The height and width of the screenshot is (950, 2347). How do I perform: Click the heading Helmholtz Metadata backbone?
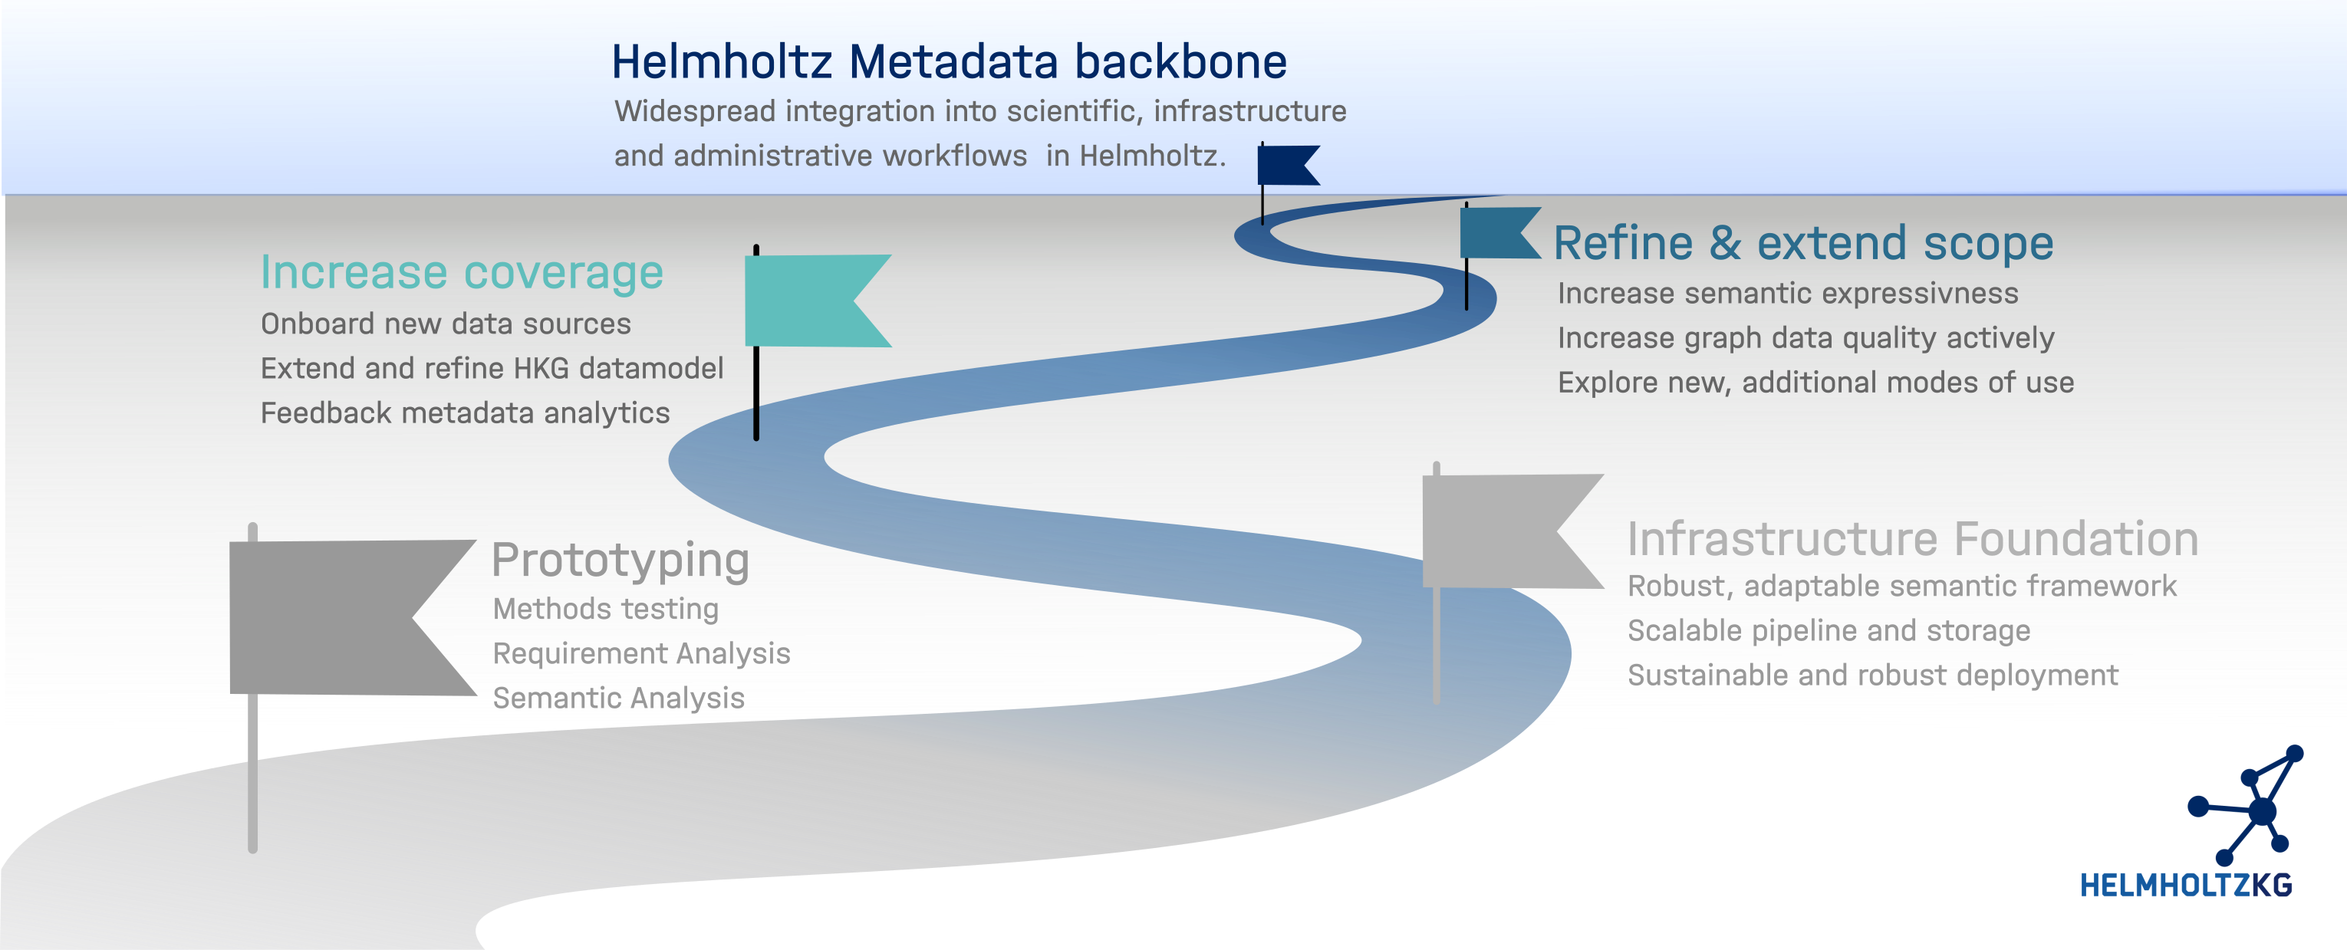coord(949,62)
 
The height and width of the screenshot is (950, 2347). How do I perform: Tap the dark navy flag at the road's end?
coord(1285,166)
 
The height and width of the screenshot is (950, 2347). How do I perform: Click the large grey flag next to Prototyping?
coord(337,617)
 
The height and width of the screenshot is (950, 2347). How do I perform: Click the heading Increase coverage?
coord(462,272)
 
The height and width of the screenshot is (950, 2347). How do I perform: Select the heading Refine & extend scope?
coord(1803,243)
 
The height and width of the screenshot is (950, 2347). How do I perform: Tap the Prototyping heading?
coord(620,560)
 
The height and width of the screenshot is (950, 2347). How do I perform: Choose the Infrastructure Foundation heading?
coord(1912,538)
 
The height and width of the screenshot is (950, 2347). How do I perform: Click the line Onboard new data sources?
coord(446,324)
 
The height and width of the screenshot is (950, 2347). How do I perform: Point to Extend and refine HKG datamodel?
coord(492,369)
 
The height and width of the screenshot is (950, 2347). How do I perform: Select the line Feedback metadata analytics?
coord(465,413)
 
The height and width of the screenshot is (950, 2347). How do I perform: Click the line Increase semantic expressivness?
coord(1788,294)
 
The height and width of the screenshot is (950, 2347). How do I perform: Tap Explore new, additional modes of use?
coord(1815,383)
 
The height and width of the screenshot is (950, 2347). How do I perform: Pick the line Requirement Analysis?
coord(641,654)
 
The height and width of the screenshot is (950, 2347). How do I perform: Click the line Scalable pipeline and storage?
coord(1829,630)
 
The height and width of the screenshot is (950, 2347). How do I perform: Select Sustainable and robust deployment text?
coord(1872,675)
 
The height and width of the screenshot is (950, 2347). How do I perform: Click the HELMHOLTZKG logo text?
coord(2186,886)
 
